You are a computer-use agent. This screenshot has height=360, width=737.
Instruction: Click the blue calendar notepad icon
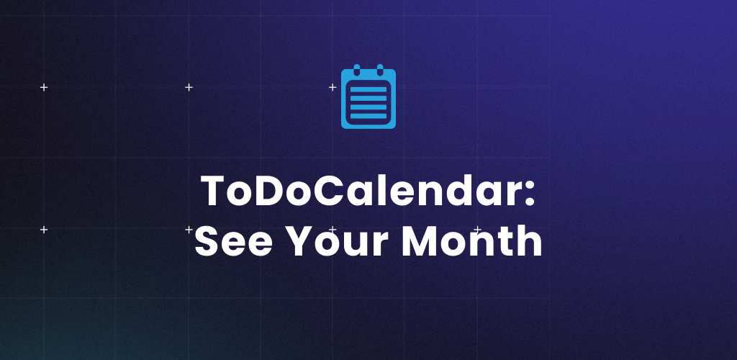pyautogui.click(x=368, y=96)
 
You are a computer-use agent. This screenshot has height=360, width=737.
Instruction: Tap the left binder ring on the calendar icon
pyautogui.click(x=357, y=70)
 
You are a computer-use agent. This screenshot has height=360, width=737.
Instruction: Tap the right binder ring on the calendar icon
pyautogui.click(x=380, y=70)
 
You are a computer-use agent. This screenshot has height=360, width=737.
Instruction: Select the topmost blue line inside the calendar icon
pyautogui.click(x=368, y=89)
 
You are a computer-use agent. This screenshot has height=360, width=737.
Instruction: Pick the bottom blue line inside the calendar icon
pyautogui.click(x=368, y=116)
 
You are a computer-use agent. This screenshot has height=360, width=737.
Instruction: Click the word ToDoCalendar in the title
pyautogui.click(x=361, y=192)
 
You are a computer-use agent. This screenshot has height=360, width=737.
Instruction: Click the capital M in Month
pyautogui.click(x=420, y=241)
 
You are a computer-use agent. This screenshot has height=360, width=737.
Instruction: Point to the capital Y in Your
pyautogui.click(x=302, y=241)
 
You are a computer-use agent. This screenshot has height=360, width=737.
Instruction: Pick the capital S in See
pyautogui.click(x=207, y=241)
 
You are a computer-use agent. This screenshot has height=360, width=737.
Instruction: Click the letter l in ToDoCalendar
pyautogui.click(x=375, y=191)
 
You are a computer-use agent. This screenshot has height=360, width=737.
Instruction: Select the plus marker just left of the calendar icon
pyautogui.click(x=333, y=87)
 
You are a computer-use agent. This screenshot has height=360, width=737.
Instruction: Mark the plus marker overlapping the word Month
pyautogui.click(x=477, y=230)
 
